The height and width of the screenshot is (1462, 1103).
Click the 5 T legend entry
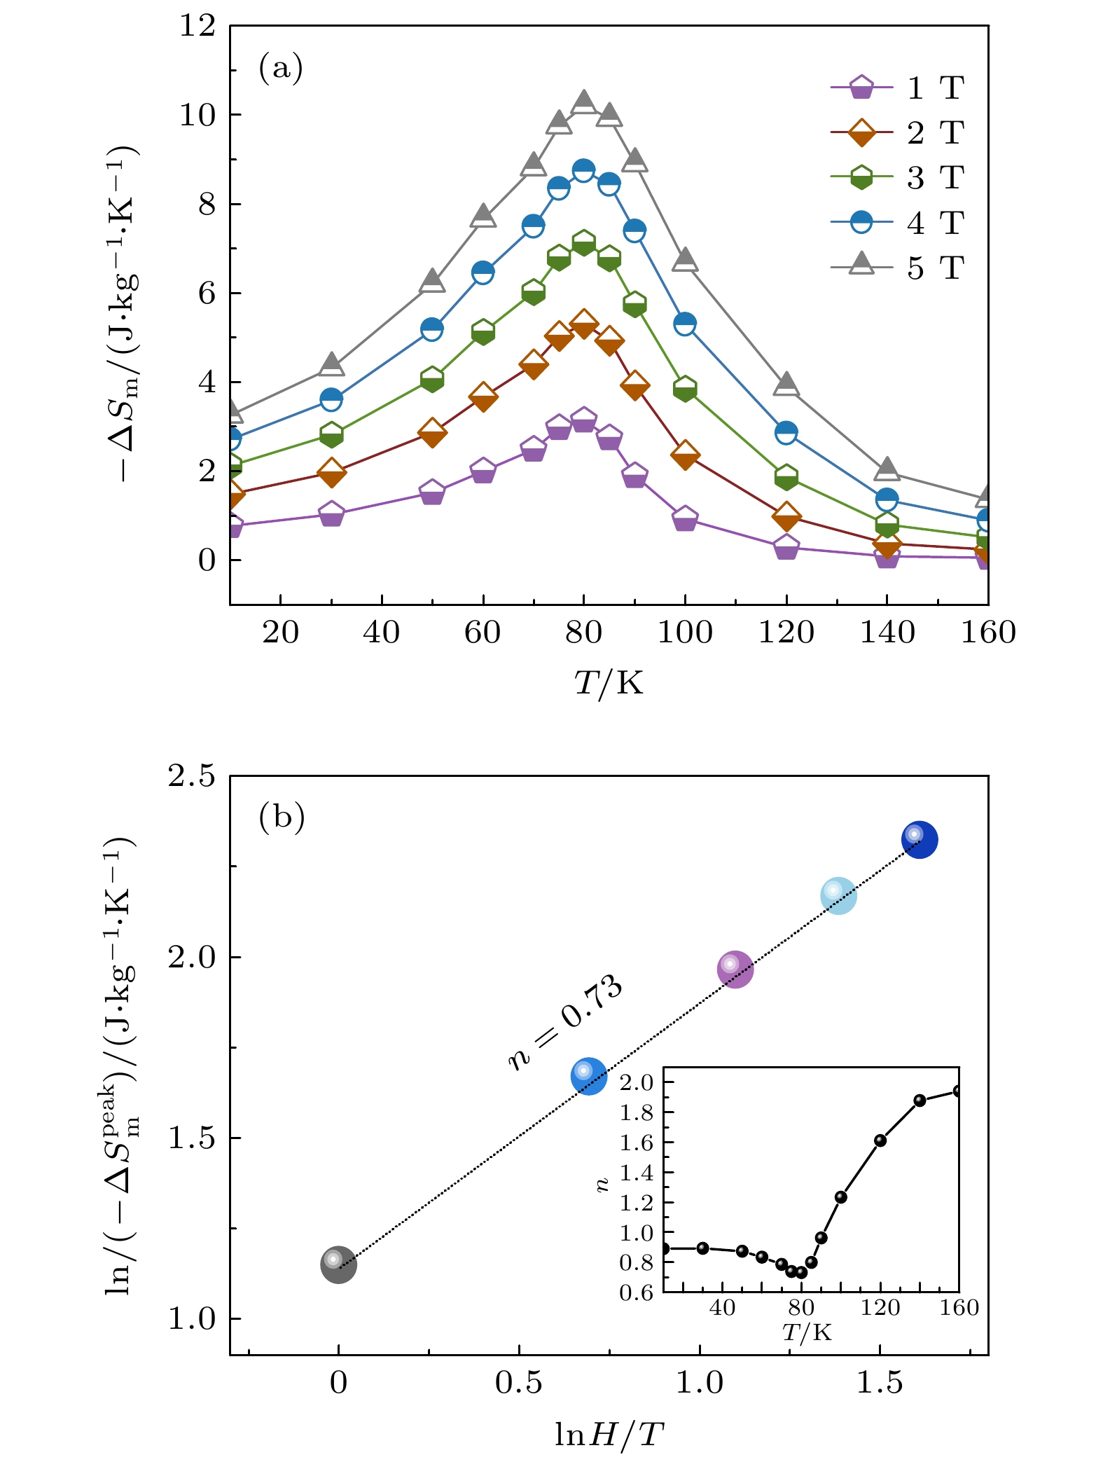coord(899,268)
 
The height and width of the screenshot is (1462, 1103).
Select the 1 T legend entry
coord(899,88)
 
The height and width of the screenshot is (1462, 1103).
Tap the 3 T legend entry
coord(899,178)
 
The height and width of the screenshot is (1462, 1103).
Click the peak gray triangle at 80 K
coord(583,102)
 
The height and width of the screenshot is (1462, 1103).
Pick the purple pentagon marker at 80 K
coord(583,420)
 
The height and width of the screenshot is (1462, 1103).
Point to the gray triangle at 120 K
coord(786,384)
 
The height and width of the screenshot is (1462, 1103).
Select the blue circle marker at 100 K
coord(685,324)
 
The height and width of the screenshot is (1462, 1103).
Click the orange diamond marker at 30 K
coord(331,473)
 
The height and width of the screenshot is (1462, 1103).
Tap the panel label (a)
coord(280,68)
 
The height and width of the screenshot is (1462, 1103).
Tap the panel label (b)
coord(282,817)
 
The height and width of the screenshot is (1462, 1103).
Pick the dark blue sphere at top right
coord(919,839)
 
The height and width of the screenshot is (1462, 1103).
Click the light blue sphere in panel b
coord(838,895)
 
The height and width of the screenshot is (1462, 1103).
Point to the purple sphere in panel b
coord(735,969)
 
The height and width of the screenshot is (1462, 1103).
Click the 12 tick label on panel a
coord(197,26)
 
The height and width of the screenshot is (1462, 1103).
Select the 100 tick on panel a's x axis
coord(684,633)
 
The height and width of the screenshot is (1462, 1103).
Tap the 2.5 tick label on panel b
coord(191,776)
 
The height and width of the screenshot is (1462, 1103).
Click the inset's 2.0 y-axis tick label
coord(636,1082)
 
